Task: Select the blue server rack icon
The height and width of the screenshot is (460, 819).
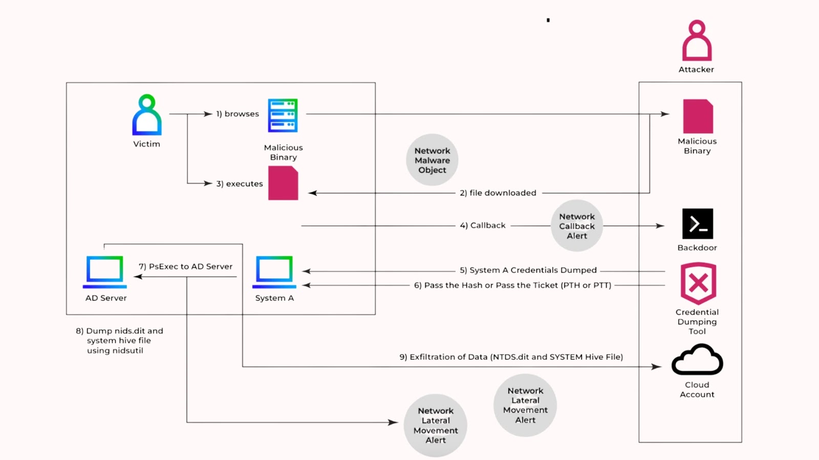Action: click(283, 116)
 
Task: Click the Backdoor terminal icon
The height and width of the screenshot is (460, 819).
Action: click(697, 224)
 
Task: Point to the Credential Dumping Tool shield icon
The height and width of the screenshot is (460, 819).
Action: click(698, 283)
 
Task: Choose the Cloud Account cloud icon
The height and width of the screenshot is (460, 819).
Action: click(697, 360)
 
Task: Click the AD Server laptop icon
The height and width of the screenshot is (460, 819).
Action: click(105, 271)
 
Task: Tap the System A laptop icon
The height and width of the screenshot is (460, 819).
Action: click(274, 271)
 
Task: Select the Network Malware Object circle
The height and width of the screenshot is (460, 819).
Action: click(432, 160)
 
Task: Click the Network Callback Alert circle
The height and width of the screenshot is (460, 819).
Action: click(577, 226)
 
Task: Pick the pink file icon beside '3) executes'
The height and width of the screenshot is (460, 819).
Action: click(283, 183)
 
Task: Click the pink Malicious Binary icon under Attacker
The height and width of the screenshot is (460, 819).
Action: click(698, 117)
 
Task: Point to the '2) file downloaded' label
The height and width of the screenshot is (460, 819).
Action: click(498, 193)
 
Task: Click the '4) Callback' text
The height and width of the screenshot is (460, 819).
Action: click(483, 225)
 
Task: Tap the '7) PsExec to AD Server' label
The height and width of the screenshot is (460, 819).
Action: click(185, 266)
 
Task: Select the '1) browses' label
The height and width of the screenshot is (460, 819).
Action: click(238, 114)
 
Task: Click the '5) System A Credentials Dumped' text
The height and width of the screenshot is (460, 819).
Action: click(528, 270)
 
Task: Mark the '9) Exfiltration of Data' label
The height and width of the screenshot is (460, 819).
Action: click(511, 357)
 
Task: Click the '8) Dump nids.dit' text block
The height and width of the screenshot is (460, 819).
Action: click(119, 340)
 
